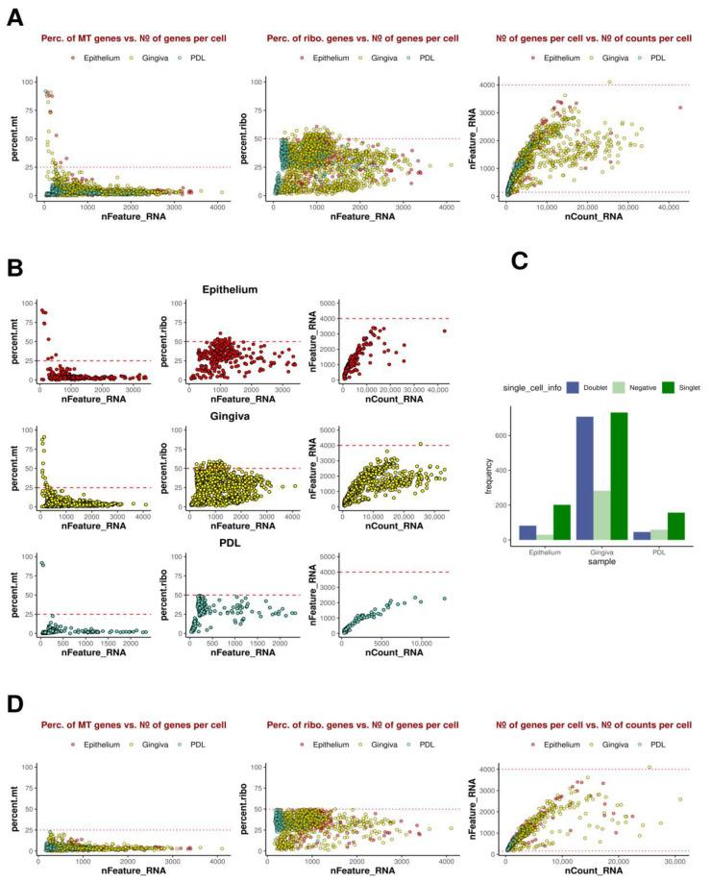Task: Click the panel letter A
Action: (15, 16)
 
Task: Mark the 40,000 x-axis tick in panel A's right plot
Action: (668, 206)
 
